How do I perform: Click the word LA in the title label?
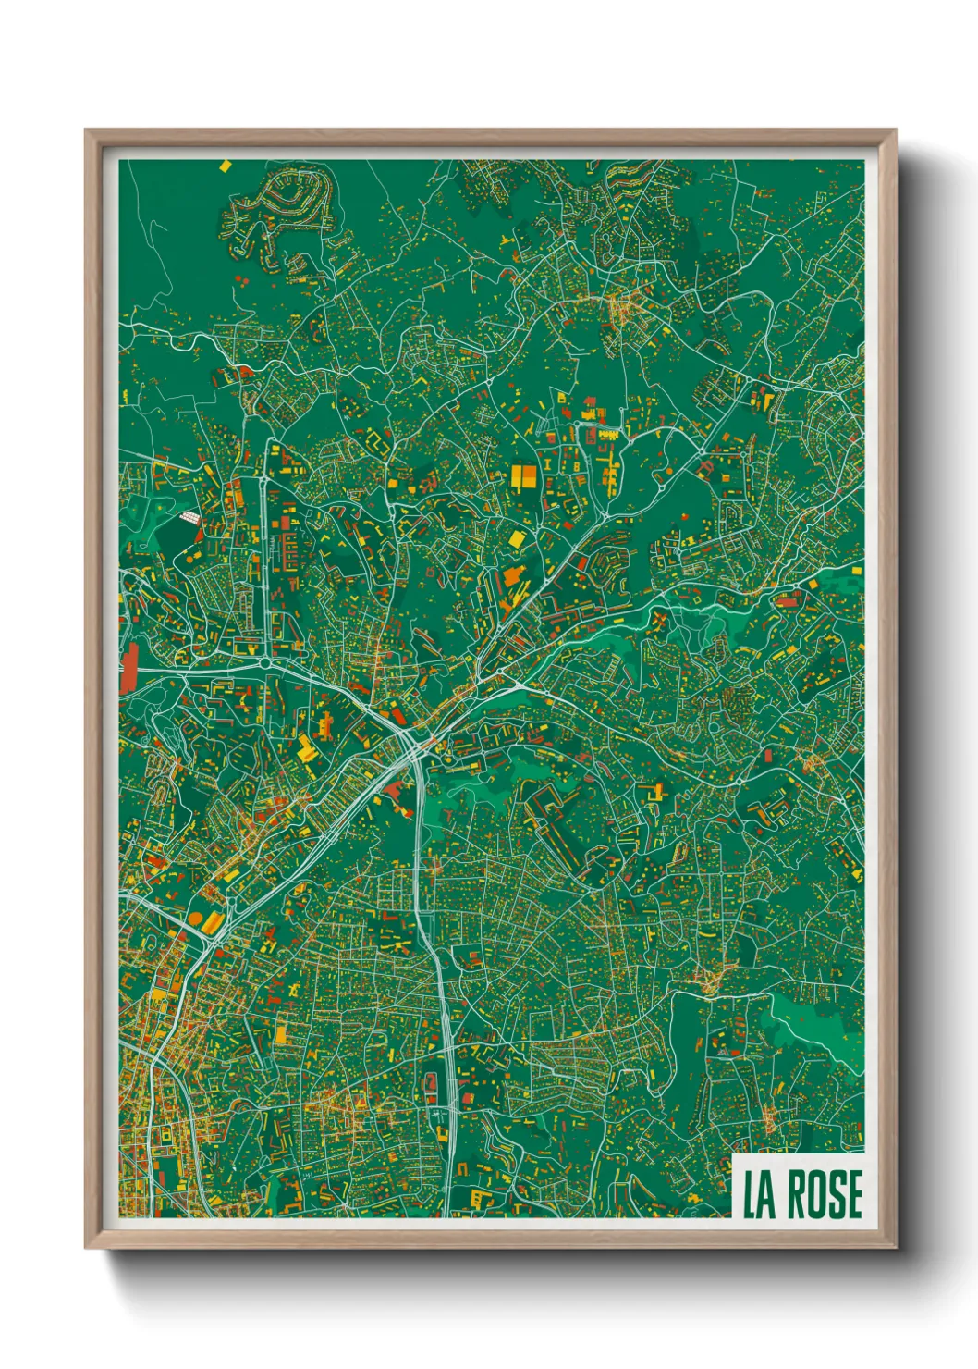759,1194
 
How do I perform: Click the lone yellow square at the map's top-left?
224,166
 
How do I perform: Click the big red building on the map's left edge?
128,667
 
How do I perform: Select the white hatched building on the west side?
188,520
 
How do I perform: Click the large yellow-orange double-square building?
523,476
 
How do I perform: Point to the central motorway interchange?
410,740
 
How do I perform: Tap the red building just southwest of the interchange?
396,789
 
